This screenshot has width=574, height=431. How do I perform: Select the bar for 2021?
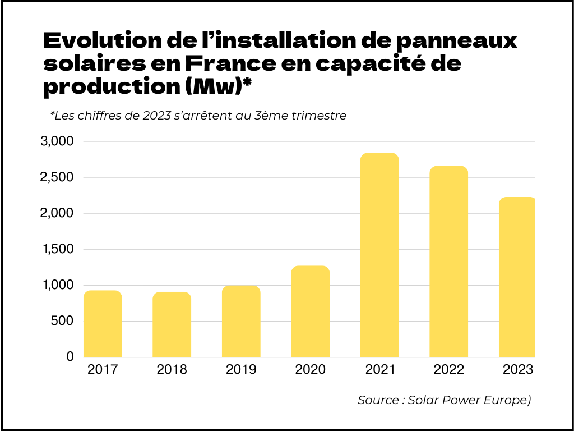click(x=379, y=255)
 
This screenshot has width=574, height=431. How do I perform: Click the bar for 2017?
click(x=103, y=324)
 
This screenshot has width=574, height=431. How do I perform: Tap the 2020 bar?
click(x=310, y=311)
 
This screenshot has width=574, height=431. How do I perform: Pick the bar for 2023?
click(x=517, y=277)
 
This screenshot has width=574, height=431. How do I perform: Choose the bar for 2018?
click(x=172, y=324)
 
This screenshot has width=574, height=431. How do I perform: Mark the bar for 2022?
click(x=448, y=262)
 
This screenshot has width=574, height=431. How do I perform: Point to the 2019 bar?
click(x=241, y=322)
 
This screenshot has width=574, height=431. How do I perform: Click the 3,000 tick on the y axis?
click(x=57, y=141)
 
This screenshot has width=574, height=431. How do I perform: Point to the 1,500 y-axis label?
click(x=57, y=249)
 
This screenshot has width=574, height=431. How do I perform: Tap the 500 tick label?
click(x=62, y=321)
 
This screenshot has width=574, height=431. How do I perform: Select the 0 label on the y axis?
click(x=70, y=357)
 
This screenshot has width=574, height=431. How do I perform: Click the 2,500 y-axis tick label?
click(x=57, y=177)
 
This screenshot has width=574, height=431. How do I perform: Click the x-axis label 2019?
click(x=241, y=370)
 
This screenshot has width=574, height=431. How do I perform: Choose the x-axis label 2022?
click(x=448, y=370)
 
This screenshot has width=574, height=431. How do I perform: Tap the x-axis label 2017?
click(x=103, y=370)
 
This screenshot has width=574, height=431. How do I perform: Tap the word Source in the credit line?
click(x=377, y=400)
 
